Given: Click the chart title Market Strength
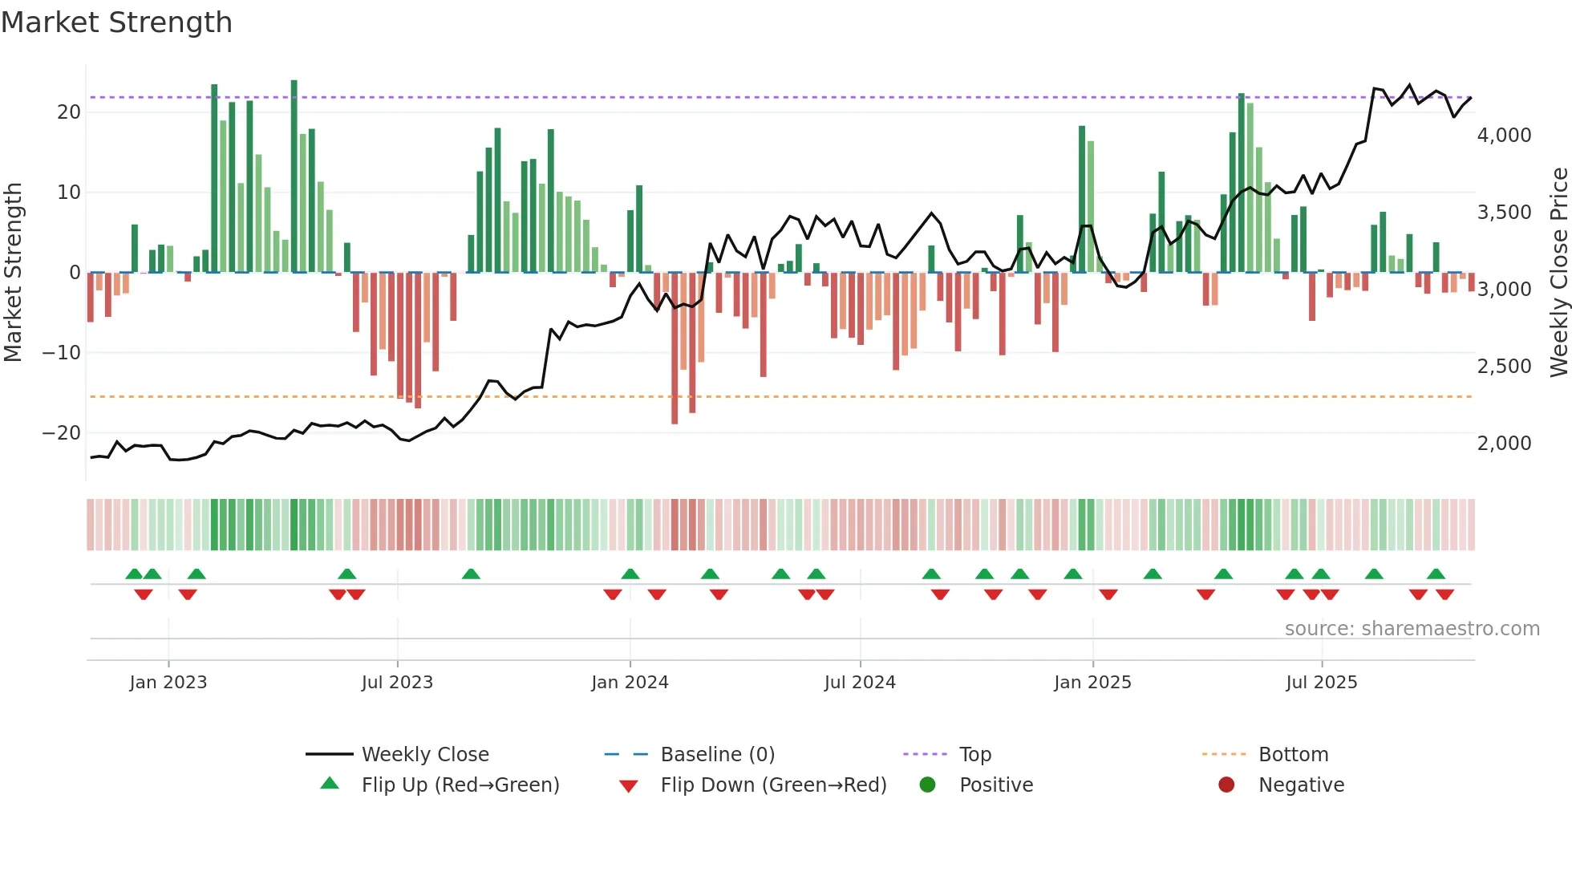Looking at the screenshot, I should tap(116, 22).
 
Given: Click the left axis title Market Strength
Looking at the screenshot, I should tap(13, 272).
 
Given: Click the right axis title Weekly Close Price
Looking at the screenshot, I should tap(1558, 272).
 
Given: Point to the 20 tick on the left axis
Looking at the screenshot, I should tap(69, 112).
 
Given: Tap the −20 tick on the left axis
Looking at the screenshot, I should tap(62, 433).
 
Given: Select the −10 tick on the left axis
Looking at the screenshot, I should tap(62, 353).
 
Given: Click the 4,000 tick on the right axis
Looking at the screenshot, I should tap(1504, 136).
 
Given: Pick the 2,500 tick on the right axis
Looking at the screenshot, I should tap(1504, 367).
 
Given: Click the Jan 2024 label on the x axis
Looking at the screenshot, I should tap(630, 683).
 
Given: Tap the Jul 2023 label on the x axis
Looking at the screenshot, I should tap(397, 683).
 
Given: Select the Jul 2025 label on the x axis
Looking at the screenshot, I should tap(1321, 683).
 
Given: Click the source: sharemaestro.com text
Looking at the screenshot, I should tap(1412, 629).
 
